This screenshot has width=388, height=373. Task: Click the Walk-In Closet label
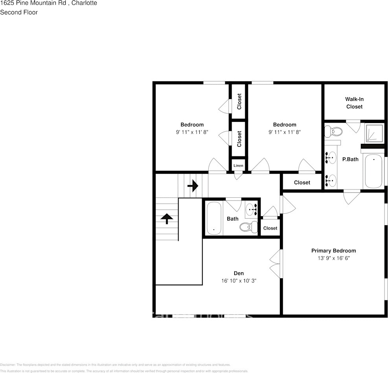[354, 103]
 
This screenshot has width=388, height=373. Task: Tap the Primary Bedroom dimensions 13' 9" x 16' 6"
[333, 258]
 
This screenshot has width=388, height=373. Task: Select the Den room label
[239, 273]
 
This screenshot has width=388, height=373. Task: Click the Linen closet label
[239, 165]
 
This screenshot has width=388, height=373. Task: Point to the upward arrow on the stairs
[167, 219]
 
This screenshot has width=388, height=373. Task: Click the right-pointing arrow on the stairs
[193, 185]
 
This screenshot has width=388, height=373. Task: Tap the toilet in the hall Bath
[246, 227]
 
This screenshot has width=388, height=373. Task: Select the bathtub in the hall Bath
[214, 219]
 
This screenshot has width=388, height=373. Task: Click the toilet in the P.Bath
[334, 131]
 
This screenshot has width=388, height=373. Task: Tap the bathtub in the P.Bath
[373, 171]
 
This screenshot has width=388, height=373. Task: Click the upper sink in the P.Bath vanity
[331, 158]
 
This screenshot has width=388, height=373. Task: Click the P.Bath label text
[350, 159]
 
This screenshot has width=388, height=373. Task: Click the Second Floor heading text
[19, 12]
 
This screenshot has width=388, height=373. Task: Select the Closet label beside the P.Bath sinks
[302, 182]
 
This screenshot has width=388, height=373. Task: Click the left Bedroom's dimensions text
[192, 132]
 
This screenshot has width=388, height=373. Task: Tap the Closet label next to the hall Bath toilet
[270, 228]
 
